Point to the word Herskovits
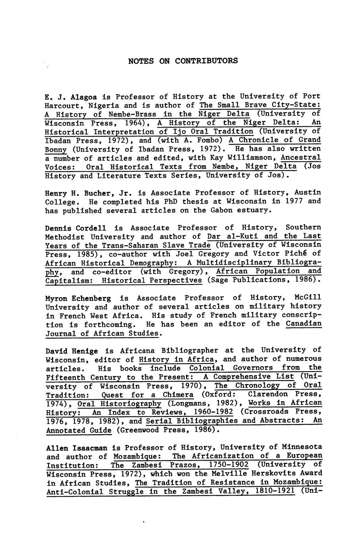[x=274, y=474]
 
